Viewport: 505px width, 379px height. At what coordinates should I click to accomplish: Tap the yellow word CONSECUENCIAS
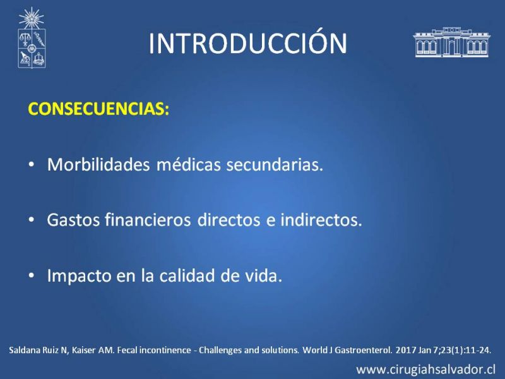97,109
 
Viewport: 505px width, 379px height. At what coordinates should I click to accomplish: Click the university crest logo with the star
32,38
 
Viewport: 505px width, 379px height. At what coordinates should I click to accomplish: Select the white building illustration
451,42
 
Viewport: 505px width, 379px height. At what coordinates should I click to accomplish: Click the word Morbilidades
98,164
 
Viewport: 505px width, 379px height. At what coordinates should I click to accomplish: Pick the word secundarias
275,164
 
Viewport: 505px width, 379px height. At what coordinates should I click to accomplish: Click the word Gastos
73,220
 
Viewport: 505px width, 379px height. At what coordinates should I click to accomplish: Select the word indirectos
321,220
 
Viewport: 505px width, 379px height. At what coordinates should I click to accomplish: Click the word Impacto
79,276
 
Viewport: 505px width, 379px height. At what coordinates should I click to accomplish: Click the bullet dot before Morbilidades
31,165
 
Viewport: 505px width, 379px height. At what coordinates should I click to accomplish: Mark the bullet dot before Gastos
31,220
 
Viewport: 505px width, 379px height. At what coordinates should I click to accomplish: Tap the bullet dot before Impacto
31,276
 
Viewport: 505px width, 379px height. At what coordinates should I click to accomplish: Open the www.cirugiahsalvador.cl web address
425,370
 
